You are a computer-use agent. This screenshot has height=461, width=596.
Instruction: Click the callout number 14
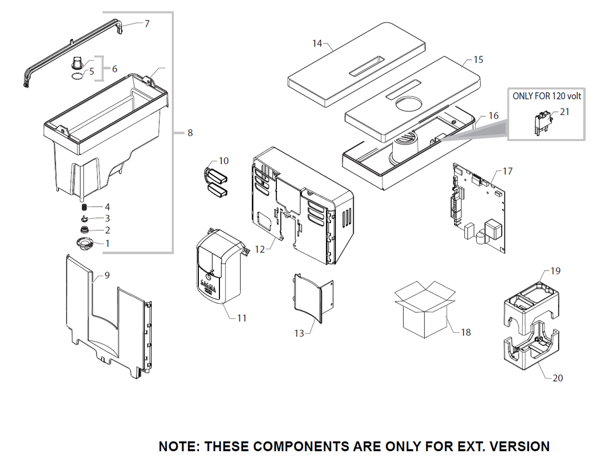(x=317, y=43)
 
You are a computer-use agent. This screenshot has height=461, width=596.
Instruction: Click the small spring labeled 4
(x=85, y=207)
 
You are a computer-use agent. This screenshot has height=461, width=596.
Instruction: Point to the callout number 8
(x=190, y=133)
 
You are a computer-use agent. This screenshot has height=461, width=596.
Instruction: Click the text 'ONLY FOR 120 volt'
(x=547, y=96)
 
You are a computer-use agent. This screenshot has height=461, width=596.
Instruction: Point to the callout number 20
(x=558, y=378)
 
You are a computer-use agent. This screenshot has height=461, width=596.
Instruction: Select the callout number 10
(x=224, y=161)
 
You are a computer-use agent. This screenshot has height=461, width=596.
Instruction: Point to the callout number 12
(x=260, y=249)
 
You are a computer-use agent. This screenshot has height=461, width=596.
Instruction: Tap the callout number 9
(x=107, y=276)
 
